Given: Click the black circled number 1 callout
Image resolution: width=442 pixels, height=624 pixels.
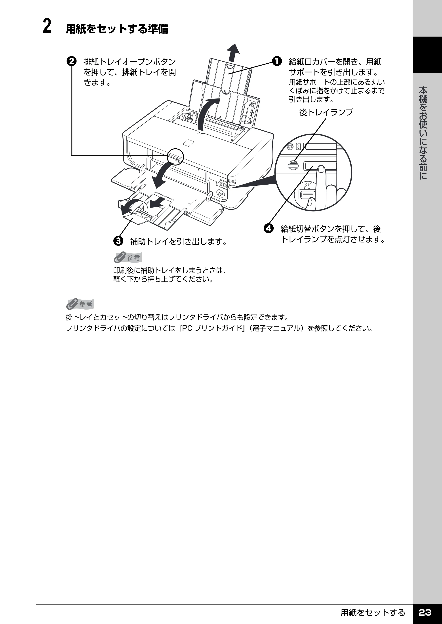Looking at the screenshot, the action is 276,61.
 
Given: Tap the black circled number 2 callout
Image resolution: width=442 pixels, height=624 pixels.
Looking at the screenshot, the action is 72,61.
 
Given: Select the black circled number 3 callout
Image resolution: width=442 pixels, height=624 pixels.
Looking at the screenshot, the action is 118,241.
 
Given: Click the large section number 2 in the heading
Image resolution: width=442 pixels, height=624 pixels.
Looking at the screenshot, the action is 47,26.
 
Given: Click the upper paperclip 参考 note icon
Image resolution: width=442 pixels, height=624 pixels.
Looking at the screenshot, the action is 128,257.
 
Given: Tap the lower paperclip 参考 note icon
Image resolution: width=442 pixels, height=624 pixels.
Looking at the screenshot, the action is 80,304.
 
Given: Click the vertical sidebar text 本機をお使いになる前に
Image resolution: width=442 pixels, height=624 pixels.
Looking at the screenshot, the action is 423,133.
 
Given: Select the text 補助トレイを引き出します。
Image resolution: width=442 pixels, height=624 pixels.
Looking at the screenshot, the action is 179,241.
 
